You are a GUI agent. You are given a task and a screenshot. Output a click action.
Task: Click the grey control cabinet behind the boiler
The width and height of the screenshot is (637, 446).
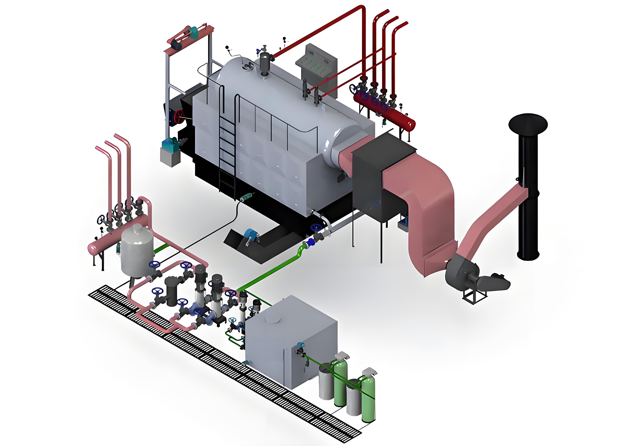click(x=319, y=67)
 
